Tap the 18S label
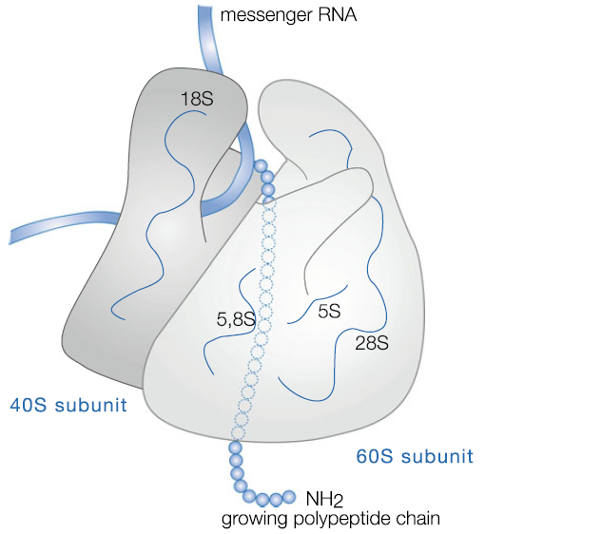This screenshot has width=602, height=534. click(196, 98)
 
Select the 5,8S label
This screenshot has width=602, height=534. click(235, 321)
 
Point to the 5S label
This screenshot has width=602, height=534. click(329, 310)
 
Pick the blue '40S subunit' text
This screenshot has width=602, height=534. click(67, 406)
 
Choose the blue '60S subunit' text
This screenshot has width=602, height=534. click(414, 456)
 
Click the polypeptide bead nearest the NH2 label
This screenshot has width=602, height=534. click(290, 496)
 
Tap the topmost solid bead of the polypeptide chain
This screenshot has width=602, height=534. click(262, 167)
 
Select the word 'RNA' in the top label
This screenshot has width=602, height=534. click(329, 14)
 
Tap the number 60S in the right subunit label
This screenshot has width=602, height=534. click(373, 456)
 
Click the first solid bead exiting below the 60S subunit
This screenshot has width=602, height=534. click(235, 447)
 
